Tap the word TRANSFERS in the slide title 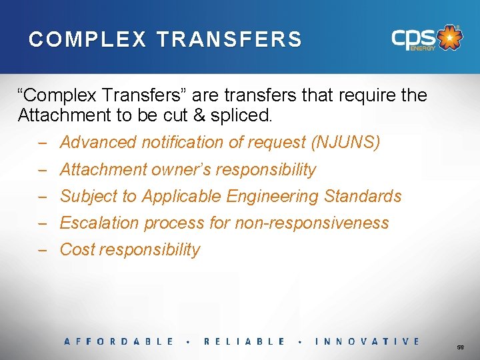click(x=229, y=39)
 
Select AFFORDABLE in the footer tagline click(x=119, y=341)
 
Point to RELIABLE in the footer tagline click(x=244, y=341)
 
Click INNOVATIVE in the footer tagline click(x=367, y=341)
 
